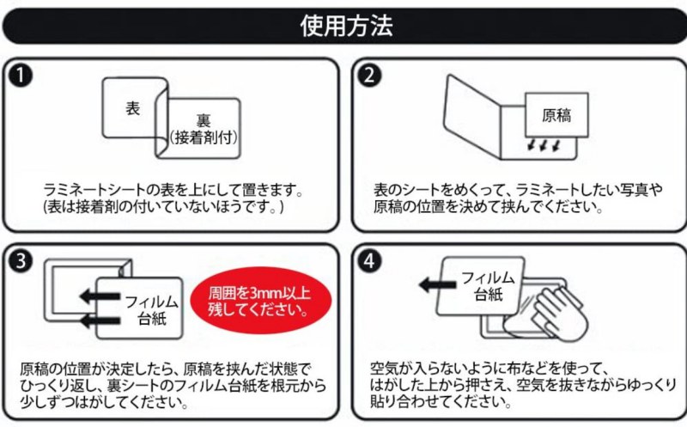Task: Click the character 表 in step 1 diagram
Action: [132, 109]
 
